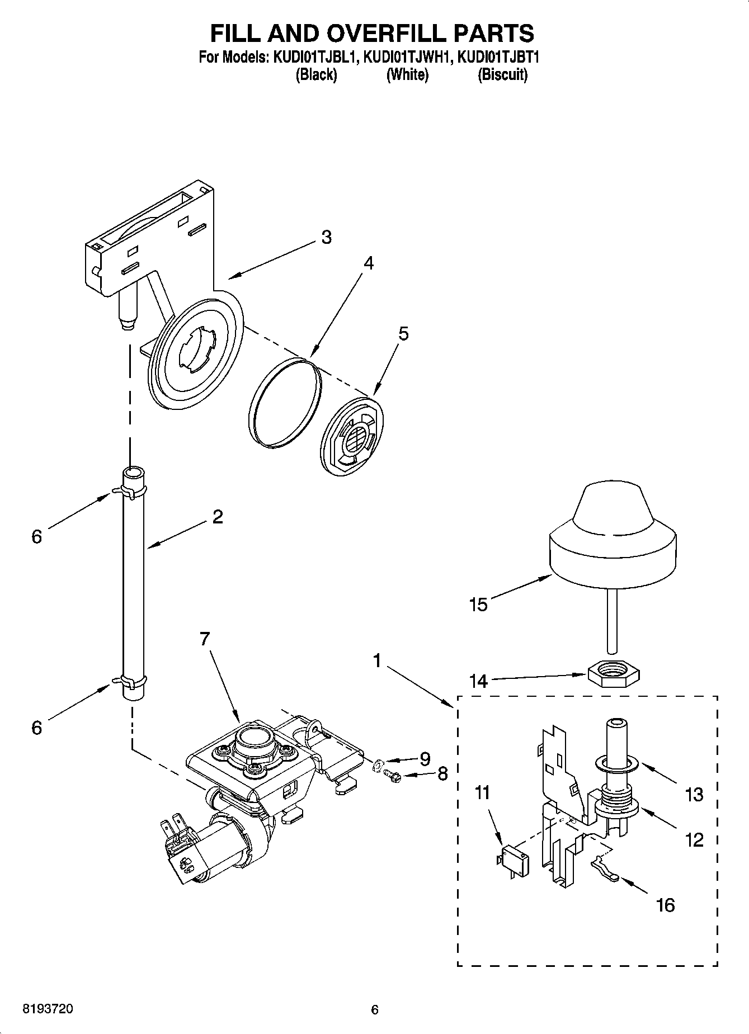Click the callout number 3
click(327, 237)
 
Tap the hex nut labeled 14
click(614, 669)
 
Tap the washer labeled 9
click(379, 763)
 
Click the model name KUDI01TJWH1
click(407, 57)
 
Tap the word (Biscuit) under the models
click(502, 74)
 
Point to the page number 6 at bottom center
click(375, 1009)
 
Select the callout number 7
click(205, 639)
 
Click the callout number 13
click(694, 794)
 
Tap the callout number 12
click(694, 840)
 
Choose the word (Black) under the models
click(316, 74)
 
